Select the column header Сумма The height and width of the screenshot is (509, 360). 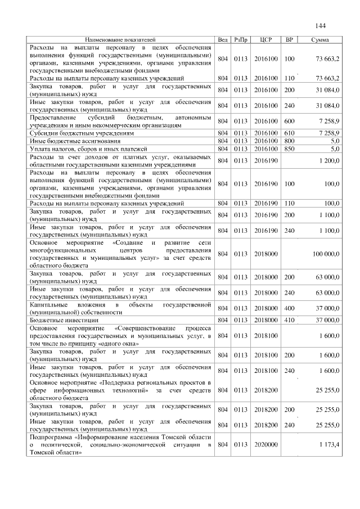[320, 40]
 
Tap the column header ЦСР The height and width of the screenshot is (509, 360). [267, 40]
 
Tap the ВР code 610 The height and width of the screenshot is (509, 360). [290, 133]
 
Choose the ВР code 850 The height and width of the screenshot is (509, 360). [290, 148]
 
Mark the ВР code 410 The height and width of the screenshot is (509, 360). [290, 319]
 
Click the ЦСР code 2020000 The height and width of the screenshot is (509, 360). [266, 445]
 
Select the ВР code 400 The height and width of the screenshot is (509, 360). [290, 308]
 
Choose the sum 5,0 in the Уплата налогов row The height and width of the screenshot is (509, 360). [334, 148]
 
